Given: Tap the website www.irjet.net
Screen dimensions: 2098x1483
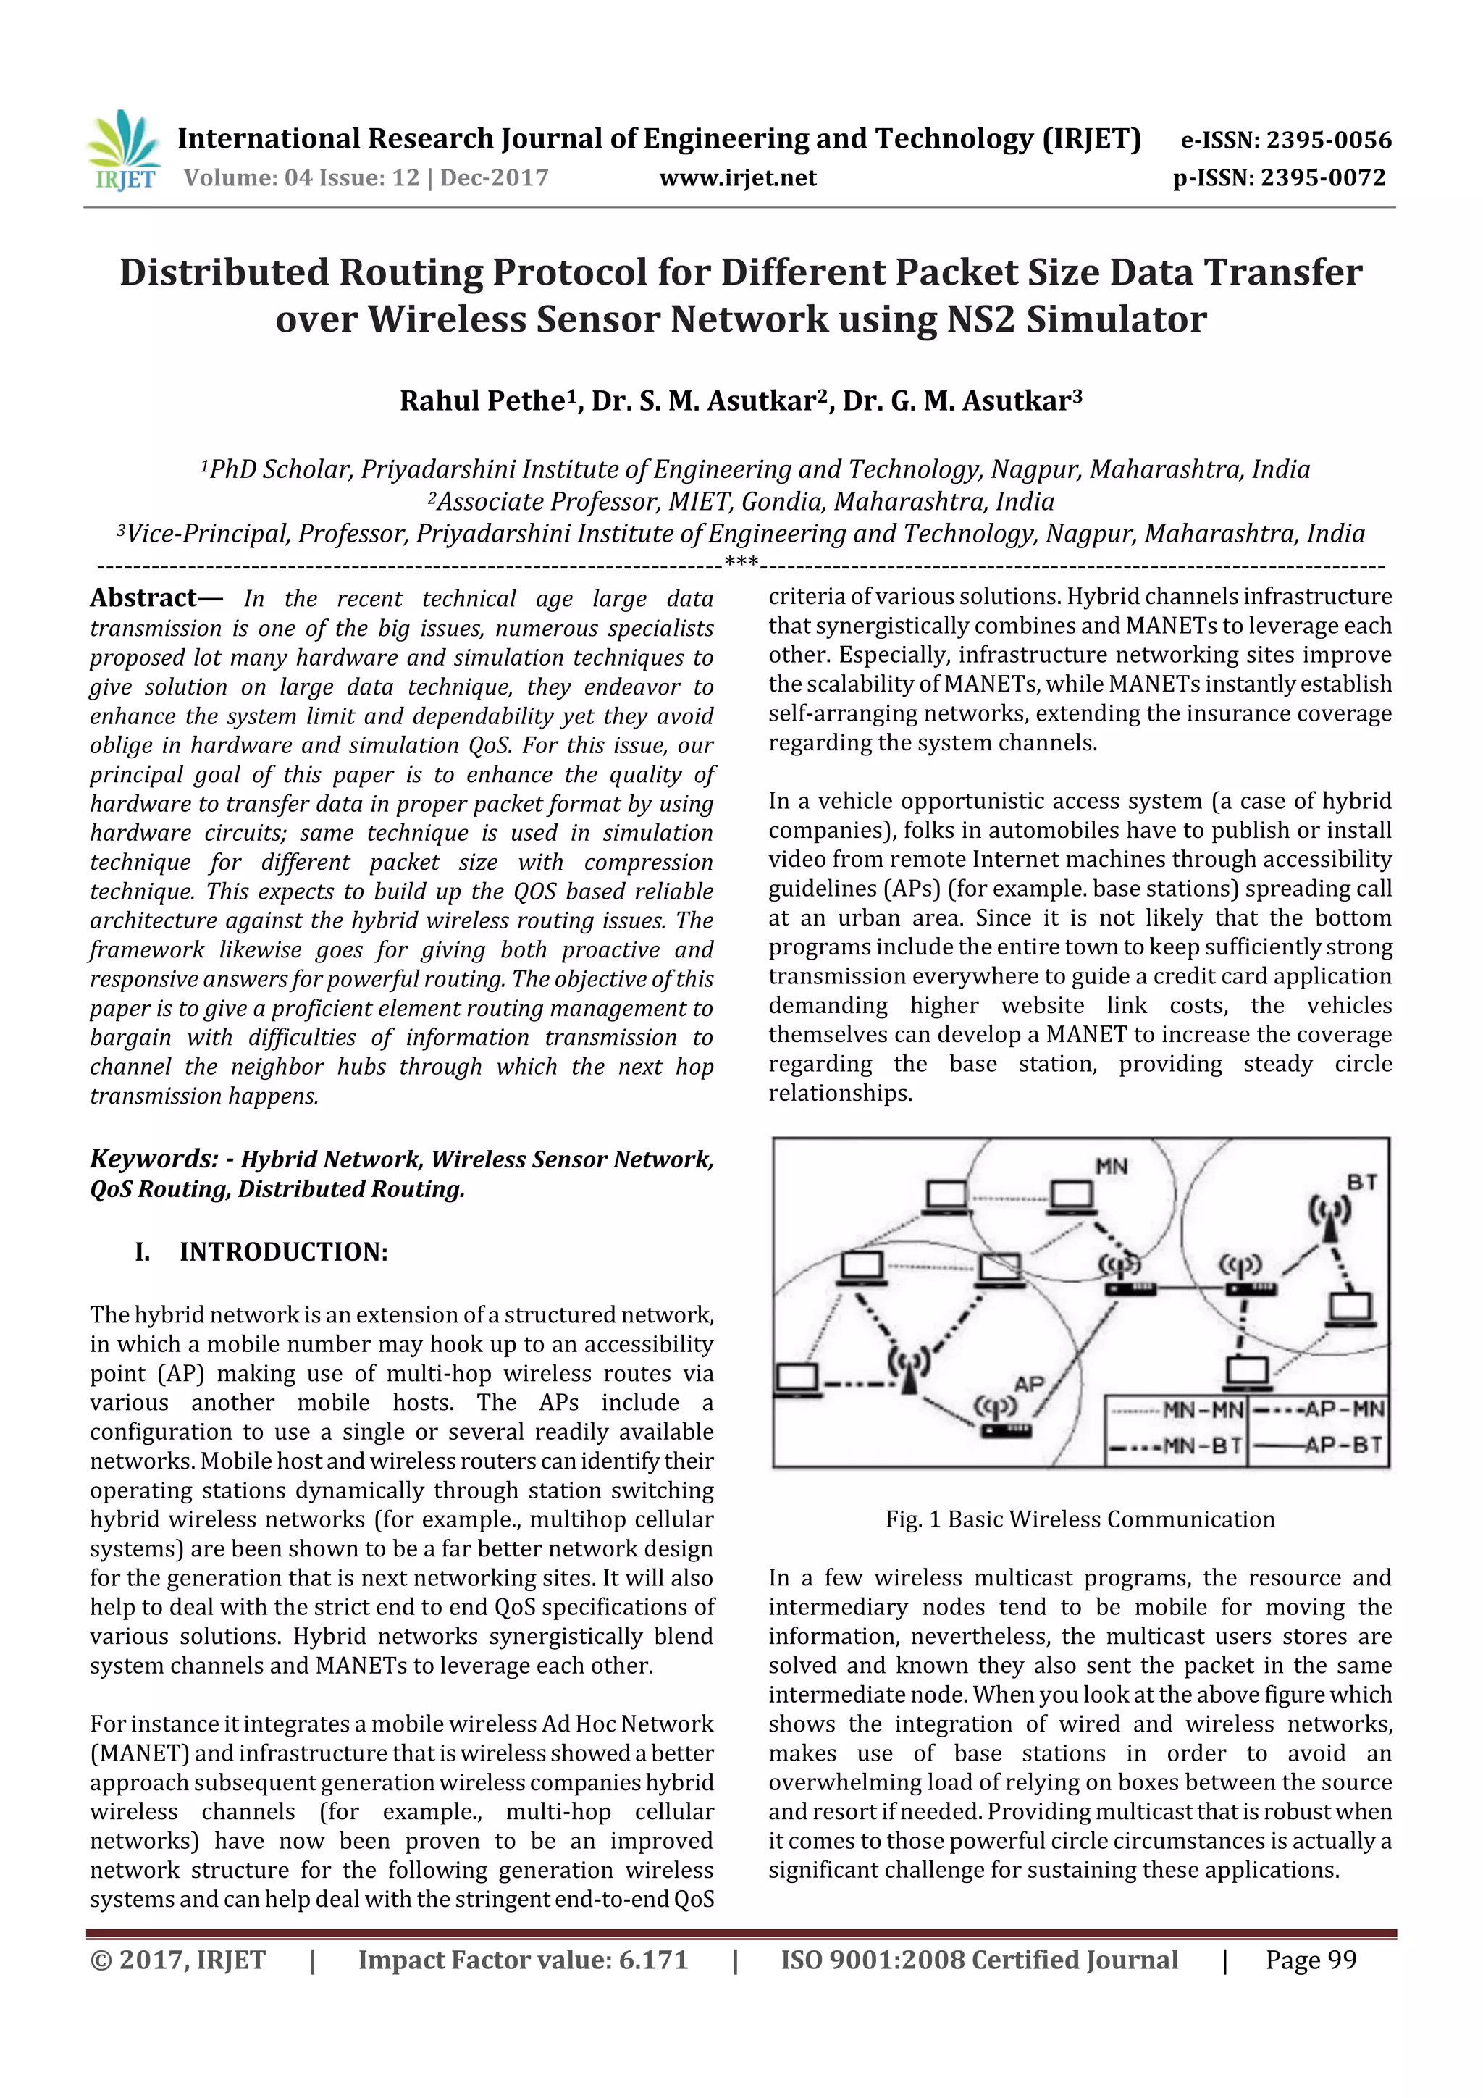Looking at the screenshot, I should click(737, 178).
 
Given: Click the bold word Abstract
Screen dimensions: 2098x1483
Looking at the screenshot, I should click(143, 597).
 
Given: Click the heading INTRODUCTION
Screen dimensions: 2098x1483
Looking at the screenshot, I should click(283, 1252).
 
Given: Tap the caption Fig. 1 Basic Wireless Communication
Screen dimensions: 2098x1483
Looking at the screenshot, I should click(1079, 1519).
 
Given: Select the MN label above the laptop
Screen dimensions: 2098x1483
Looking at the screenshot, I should click(1111, 1167).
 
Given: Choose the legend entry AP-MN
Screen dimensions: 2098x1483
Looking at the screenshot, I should click(1319, 1409).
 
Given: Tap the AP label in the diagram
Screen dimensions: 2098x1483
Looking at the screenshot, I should click(1029, 1383).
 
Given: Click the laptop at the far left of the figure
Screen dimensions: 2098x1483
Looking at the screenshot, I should click(797, 1380).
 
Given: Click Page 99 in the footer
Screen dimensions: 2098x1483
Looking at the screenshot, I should click(1311, 1959).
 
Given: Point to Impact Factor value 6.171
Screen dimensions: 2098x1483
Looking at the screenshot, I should click(523, 1959).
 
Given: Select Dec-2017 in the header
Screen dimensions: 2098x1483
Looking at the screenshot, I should click(495, 178).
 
